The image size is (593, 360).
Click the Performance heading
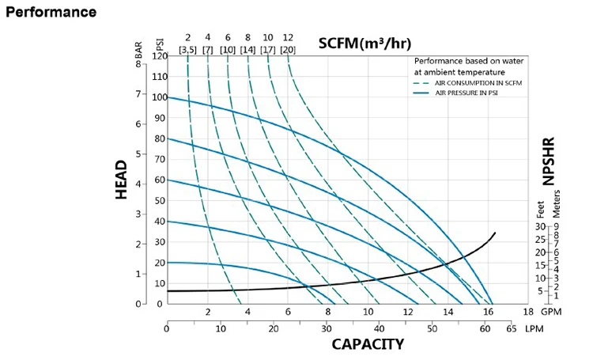(51, 13)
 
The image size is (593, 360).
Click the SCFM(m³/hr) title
(364, 43)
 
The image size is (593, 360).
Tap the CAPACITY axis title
(368, 344)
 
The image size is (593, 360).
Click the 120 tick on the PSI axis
(160, 56)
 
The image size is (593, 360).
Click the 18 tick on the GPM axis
(528, 312)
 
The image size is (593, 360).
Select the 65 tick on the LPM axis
(511, 328)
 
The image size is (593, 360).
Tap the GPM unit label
(551, 312)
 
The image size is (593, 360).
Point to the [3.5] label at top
(188, 50)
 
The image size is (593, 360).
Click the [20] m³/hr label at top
(288, 50)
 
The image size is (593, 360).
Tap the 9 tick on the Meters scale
(557, 227)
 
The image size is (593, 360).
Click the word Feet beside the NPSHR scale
(542, 210)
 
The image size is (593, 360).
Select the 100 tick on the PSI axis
(160, 97)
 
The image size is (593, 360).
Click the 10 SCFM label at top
(268, 38)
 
